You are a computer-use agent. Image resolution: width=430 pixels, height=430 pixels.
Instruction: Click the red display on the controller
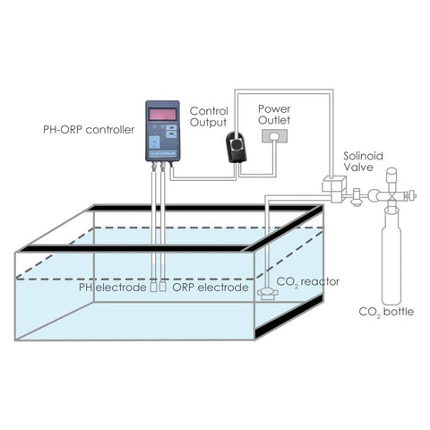[x=162, y=115]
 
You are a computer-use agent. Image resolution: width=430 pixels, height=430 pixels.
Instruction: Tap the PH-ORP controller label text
[x=89, y=130]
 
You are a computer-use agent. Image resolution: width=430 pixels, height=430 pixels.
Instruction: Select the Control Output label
[x=209, y=117]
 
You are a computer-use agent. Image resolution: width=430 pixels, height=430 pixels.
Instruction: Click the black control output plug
[x=236, y=148]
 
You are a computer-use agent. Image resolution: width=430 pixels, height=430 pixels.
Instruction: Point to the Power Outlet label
[x=274, y=115]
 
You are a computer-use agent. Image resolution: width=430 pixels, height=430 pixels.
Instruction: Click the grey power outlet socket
[x=274, y=136]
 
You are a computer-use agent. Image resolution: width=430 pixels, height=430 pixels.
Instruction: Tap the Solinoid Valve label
[x=363, y=161]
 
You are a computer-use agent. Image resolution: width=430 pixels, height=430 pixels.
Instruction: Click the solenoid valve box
[x=334, y=187]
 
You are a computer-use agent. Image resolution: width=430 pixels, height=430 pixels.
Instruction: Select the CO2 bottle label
[x=386, y=312]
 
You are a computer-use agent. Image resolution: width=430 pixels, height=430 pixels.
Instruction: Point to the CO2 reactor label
[x=308, y=282]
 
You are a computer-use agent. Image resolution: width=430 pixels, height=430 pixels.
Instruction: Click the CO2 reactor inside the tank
[x=268, y=294]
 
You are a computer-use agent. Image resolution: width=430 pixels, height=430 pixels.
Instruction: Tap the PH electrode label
[x=112, y=288]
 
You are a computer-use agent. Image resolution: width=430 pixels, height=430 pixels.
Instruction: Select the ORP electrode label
[x=211, y=288]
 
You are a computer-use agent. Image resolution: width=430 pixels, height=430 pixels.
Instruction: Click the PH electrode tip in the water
[x=154, y=286]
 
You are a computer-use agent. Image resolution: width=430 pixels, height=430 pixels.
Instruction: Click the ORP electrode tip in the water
[x=163, y=286]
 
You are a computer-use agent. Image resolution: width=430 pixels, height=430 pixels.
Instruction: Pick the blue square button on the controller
[x=154, y=142]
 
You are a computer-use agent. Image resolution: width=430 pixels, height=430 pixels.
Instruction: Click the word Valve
[x=358, y=168]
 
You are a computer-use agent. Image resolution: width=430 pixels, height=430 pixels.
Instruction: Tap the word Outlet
[x=274, y=120]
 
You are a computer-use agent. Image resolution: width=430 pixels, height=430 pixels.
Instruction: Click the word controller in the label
[x=110, y=130]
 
